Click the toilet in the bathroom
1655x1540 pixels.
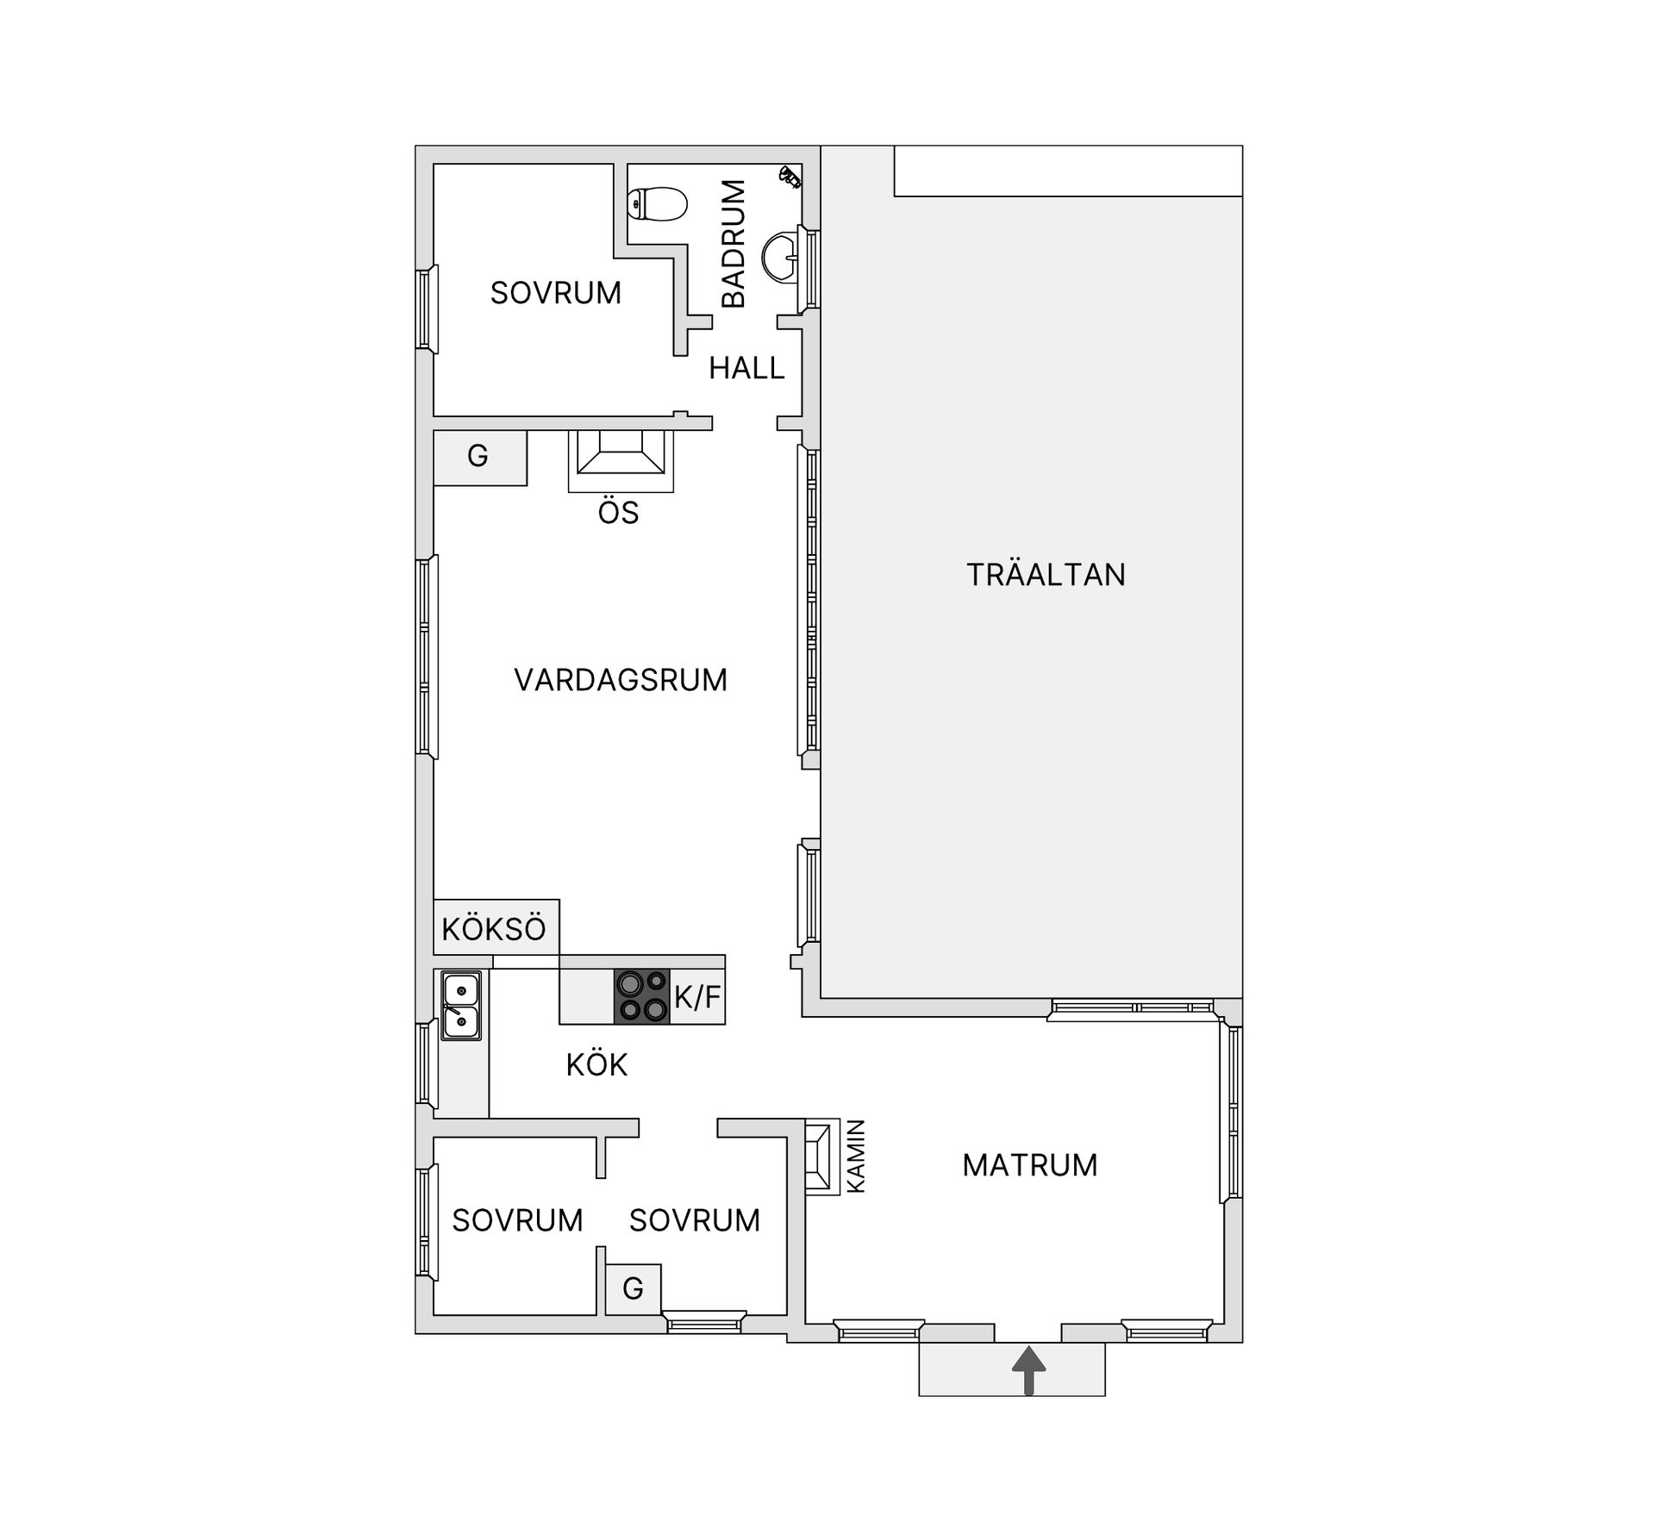[658, 204]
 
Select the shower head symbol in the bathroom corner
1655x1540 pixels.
[790, 176]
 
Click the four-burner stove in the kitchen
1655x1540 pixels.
[641, 997]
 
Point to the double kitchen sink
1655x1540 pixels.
[461, 1006]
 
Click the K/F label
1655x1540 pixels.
[697, 997]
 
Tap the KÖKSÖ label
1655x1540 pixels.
[494, 929]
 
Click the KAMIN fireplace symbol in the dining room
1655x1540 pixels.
[821, 1157]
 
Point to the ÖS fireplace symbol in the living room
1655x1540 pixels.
[621, 461]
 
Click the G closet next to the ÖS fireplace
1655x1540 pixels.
[479, 458]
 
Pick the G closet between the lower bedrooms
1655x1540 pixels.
[633, 1289]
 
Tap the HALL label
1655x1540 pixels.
[746, 369]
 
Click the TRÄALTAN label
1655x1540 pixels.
[1046, 575]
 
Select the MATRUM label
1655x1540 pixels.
[1030, 1165]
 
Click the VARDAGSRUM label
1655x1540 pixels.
[621, 680]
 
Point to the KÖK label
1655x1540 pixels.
[596, 1064]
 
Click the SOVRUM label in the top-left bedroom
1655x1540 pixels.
[556, 293]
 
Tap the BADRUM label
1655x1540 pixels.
[734, 244]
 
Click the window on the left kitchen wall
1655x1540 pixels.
[425, 1064]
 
